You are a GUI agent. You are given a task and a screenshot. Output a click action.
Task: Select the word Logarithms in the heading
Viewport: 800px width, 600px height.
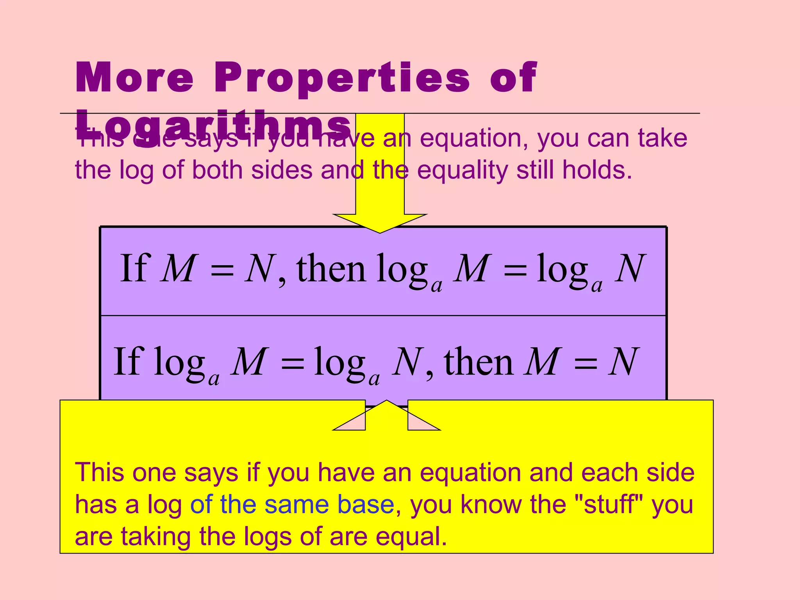coord(213,126)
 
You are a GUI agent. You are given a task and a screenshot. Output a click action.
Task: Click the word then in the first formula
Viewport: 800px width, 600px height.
coord(331,269)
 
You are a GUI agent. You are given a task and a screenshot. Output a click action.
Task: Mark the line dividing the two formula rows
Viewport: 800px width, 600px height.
coord(383,315)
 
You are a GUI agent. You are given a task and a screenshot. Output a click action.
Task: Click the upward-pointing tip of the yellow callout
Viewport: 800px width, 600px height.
coord(386,401)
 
